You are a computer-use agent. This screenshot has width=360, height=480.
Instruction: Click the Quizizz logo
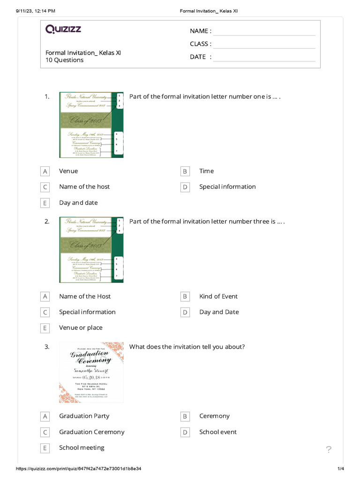point(63,30)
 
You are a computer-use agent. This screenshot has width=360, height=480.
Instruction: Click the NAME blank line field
point(264,31)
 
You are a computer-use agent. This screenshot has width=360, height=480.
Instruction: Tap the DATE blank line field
point(264,57)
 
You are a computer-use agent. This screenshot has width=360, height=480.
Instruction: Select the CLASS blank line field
point(264,44)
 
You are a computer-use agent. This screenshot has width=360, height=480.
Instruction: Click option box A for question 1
point(45,172)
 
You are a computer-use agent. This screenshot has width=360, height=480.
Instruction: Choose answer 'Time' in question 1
point(206,171)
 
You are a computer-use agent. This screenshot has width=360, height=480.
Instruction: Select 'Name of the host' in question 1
point(84,187)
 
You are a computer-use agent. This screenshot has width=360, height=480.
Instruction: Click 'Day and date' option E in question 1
point(78,202)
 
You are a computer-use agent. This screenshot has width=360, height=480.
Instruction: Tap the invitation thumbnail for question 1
point(91,125)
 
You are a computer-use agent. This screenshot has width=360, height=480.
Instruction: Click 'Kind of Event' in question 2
point(218,296)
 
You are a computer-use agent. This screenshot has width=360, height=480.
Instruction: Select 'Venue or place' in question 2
point(81,328)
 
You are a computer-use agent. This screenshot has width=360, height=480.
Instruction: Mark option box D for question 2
point(185,312)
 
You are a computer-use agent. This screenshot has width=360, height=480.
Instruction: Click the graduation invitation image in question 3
point(91,372)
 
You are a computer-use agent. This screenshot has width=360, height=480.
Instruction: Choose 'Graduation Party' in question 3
point(84,416)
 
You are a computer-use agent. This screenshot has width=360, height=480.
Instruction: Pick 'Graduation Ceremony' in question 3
point(91,432)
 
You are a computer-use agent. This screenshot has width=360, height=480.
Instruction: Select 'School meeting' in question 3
point(82,448)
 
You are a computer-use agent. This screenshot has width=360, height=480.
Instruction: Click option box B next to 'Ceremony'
point(185,416)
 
